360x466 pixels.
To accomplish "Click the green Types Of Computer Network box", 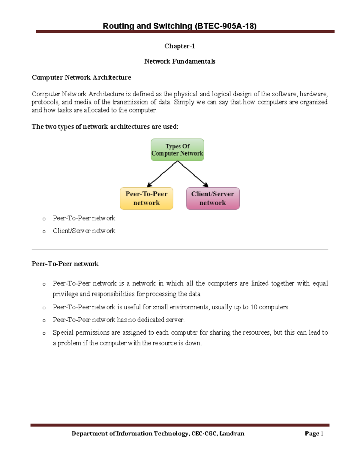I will point(177,150).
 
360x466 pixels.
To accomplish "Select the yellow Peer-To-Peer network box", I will point(146,198).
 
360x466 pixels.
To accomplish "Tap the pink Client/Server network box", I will point(213,198).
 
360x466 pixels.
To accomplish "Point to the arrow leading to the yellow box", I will point(162,174).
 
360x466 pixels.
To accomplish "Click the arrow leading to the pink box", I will point(193,174).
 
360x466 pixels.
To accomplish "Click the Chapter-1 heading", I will point(179,46).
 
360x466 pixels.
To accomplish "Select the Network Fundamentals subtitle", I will point(179,62).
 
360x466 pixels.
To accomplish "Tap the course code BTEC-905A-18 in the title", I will point(226,26).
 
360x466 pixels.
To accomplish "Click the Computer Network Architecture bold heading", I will point(81,77).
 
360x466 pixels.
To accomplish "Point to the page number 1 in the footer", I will point(322,433).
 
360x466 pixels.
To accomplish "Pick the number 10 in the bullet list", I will point(254,307).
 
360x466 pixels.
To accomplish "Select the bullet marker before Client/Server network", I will point(44,231).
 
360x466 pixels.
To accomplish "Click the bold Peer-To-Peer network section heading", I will point(65,264).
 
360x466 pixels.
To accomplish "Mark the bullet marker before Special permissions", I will point(44,333).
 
